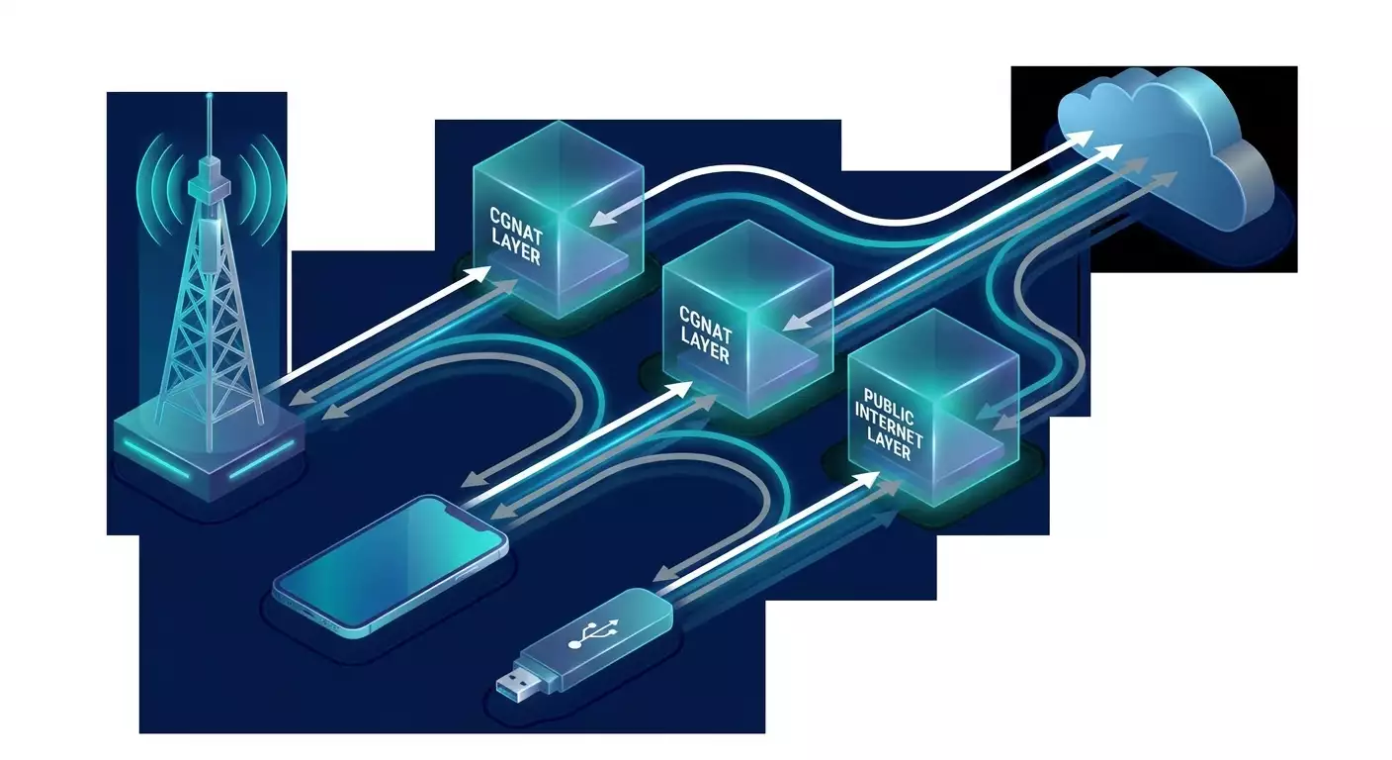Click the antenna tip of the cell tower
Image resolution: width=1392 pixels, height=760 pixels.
210,96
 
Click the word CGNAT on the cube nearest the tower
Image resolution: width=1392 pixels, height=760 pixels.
516,227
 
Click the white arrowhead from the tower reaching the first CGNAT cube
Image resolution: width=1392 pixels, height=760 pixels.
478,274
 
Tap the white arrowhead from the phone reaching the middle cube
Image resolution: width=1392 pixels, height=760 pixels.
679,390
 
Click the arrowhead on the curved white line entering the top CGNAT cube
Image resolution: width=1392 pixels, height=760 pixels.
600,218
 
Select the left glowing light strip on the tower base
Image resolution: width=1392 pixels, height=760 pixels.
155,458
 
